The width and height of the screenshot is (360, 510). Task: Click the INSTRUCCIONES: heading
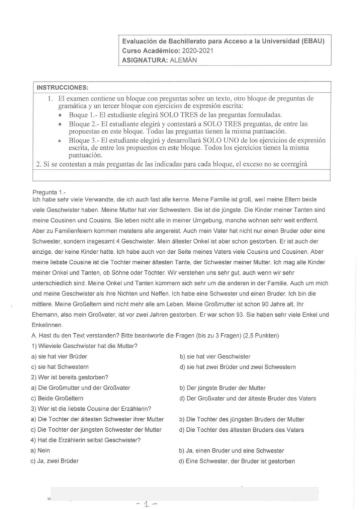63,88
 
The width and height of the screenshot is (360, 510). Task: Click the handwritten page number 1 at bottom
147,502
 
